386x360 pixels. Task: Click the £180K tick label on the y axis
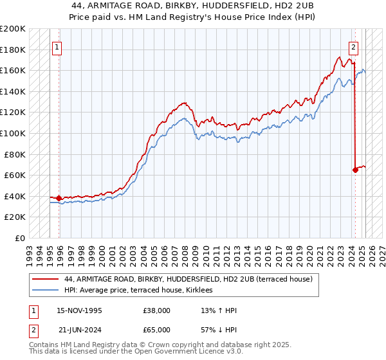pyautogui.click(x=13, y=50)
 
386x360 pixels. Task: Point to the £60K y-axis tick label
pyautogui.click(x=15, y=175)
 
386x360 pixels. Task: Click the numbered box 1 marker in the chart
pyautogui.click(x=58, y=47)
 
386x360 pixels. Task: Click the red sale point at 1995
pyautogui.click(x=59, y=198)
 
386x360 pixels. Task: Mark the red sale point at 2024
pyautogui.click(x=355, y=170)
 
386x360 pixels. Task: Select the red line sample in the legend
pyautogui.click(x=46, y=279)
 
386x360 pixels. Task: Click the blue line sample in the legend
pyautogui.click(x=46, y=291)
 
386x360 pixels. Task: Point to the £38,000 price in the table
pyautogui.click(x=157, y=310)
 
